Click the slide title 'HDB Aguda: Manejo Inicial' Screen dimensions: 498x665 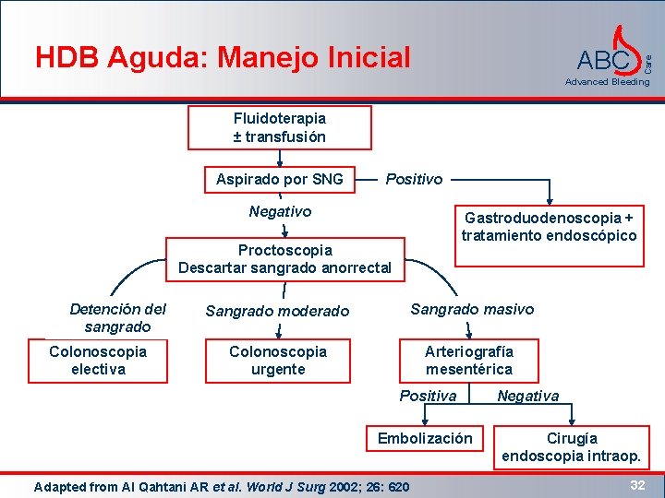[x=223, y=57]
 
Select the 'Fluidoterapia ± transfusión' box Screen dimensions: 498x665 [x=279, y=127]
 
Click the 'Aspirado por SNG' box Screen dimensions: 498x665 [x=279, y=179]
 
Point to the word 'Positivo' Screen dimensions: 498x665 [x=414, y=179]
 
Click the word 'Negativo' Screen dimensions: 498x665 [x=280, y=212]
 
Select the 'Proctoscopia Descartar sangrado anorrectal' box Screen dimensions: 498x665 [x=284, y=259]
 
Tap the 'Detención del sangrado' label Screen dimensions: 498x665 [x=117, y=317]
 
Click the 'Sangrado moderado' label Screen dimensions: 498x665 [x=277, y=312]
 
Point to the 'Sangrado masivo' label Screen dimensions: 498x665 [x=472, y=309]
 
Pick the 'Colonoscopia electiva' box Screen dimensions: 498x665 [x=98, y=361]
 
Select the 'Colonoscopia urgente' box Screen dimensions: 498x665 [x=277, y=361]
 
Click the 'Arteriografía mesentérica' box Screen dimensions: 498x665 [x=468, y=361]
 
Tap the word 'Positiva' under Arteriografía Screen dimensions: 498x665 [x=428, y=396]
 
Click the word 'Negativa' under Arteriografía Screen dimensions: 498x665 [x=527, y=396]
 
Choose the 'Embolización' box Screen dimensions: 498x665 [x=424, y=439]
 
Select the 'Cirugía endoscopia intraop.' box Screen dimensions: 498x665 [x=571, y=446]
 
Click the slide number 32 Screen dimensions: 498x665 [x=636, y=484]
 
